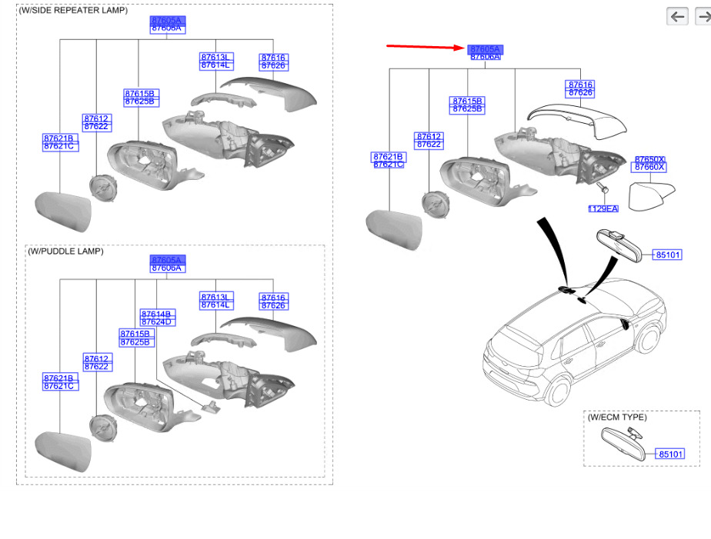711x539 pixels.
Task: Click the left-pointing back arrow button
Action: click(677, 16)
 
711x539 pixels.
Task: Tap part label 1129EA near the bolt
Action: click(603, 208)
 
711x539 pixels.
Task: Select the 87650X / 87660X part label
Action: click(649, 163)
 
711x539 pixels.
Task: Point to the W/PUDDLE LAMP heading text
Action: click(65, 251)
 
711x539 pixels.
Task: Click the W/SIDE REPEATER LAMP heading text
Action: click(73, 11)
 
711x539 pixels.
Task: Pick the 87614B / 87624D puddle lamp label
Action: click(157, 318)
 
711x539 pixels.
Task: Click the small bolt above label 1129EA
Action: click(603, 188)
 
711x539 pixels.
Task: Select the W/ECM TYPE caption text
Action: click(617, 418)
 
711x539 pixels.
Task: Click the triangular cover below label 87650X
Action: click(651, 195)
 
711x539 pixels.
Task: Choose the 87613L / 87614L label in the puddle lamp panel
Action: click(215, 301)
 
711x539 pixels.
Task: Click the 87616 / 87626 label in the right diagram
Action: click(580, 88)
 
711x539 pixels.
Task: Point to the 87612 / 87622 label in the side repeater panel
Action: click(96, 122)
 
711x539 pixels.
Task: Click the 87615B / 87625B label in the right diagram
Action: click(467, 105)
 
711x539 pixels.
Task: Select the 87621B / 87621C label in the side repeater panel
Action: click(59, 142)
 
